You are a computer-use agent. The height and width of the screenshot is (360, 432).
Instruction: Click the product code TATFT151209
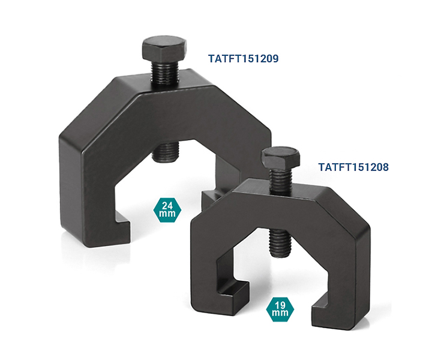click(x=243, y=59)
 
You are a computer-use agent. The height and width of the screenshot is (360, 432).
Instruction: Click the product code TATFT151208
click(x=353, y=167)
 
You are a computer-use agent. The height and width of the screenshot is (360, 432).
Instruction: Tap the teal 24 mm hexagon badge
click(x=167, y=209)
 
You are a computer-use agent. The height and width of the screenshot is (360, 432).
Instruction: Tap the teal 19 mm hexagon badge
click(x=280, y=309)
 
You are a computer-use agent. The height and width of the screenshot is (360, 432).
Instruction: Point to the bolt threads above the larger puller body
click(x=165, y=74)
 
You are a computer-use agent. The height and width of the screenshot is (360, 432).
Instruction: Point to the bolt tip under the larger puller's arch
click(x=166, y=151)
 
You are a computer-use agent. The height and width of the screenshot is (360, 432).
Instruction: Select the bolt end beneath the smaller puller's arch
click(x=280, y=243)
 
